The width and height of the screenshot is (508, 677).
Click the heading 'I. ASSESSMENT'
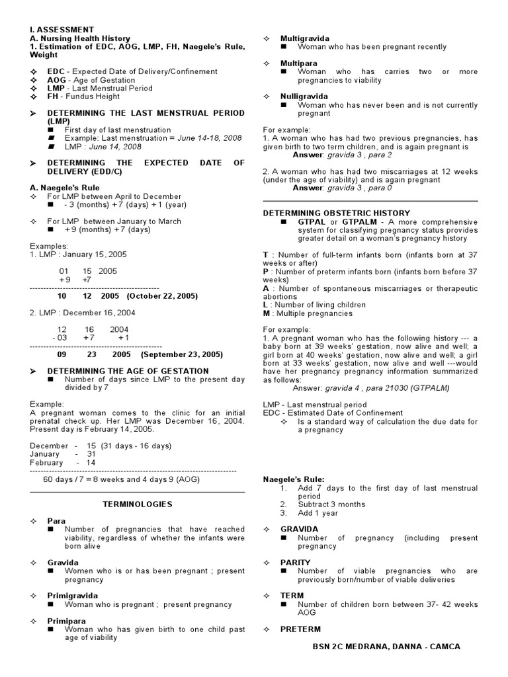pyautogui.click(x=62, y=30)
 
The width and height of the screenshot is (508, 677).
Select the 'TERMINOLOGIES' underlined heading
pyautogui.click(x=137, y=504)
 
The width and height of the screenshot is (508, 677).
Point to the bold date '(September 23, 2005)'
pyautogui.click(x=181, y=354)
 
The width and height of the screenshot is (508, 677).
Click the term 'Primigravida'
pyautogui.click(x=73, y=596)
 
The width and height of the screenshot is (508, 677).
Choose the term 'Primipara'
pyautogui.click(x=67, y=621)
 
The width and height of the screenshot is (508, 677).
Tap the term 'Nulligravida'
pyautogui.click(x=304, y=97)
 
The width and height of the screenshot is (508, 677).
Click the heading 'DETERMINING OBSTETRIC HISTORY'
pyautogui.click(x=337, y=213)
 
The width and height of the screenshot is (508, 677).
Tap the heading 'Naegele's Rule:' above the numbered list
pyautogui.click(x=294, y=479)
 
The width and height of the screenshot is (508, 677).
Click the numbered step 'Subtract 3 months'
pyautogui.click(x=331, y=504)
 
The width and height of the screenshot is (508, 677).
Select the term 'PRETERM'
pyautogui.click(x=300, y=629)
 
